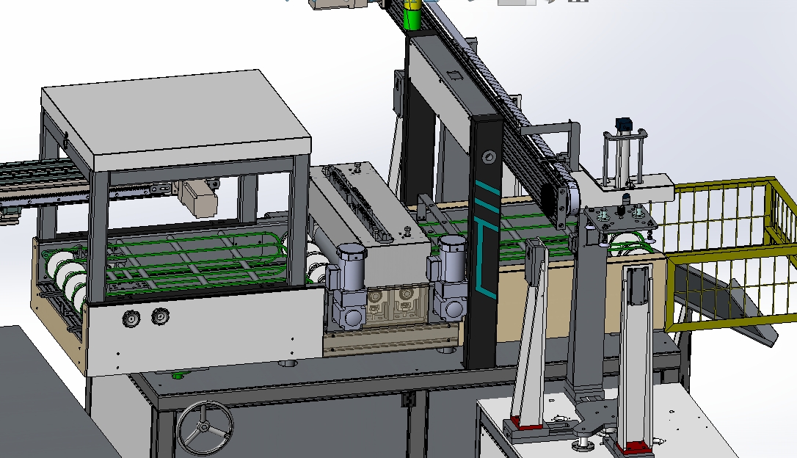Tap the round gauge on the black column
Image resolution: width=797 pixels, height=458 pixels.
pos(488,156)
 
